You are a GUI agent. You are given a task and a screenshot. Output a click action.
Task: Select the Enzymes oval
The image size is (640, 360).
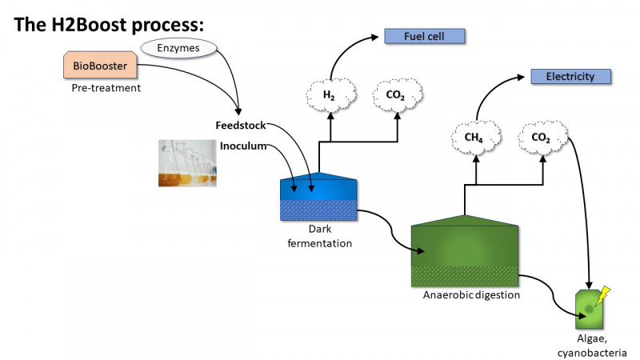(x=174, y=50)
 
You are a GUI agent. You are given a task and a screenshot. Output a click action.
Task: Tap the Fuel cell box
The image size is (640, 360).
(x=424, y=36)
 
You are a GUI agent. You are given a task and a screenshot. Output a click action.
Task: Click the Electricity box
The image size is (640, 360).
(x=571, y=77)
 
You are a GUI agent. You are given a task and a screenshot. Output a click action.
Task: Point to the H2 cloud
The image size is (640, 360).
(x=329, y=95)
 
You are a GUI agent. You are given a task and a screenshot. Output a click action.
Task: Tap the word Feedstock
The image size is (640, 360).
(x=240, y=126)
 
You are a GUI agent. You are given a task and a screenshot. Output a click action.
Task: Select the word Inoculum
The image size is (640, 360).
(x=242, y=146)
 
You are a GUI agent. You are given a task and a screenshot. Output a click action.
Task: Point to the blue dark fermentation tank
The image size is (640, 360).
(x=319, y=197)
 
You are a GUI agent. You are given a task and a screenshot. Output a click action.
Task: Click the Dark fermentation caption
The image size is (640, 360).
(x=319, y=237)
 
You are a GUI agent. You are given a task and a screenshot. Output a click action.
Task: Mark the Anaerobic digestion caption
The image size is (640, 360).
(x=471, y=295)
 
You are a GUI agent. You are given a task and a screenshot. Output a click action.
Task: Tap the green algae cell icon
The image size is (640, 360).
(x=590, y=309)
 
